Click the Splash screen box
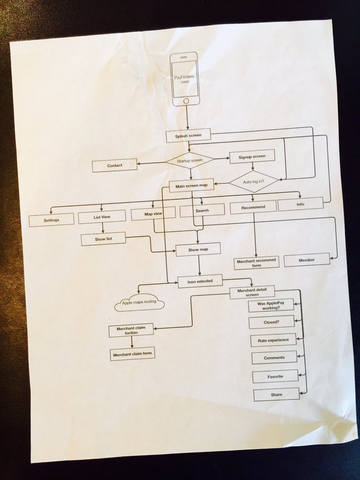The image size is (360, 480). click(x=188, y=136)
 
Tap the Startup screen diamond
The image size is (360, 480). click(x=190, y=160)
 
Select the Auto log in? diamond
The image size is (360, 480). click(x=253, y=181)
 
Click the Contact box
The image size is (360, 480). click(x=114, y=165)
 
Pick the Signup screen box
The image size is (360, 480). click(x=252, y=156)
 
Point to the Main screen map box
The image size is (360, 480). click(x=191, y=185)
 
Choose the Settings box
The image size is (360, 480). click(x=51, y=220)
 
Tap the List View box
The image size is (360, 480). click(x=102, y=217)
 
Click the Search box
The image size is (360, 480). click(x=202, y=211)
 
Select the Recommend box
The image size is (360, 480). click(x=253, y=207)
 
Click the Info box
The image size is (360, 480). click(x=300, y=204)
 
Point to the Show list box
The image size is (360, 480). click(x=103, y=239)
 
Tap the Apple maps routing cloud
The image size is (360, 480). click(x=139, y=304)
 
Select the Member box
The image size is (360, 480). click(x=307, y=260)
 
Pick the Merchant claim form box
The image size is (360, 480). click(x=132, y=354)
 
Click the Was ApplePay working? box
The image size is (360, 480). click(x=271, y=306)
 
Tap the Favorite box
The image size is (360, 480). click(x=275, y=376)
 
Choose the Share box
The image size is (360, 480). click(x=277, y=395)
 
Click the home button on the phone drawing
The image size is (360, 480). click(x=186, y=101)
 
